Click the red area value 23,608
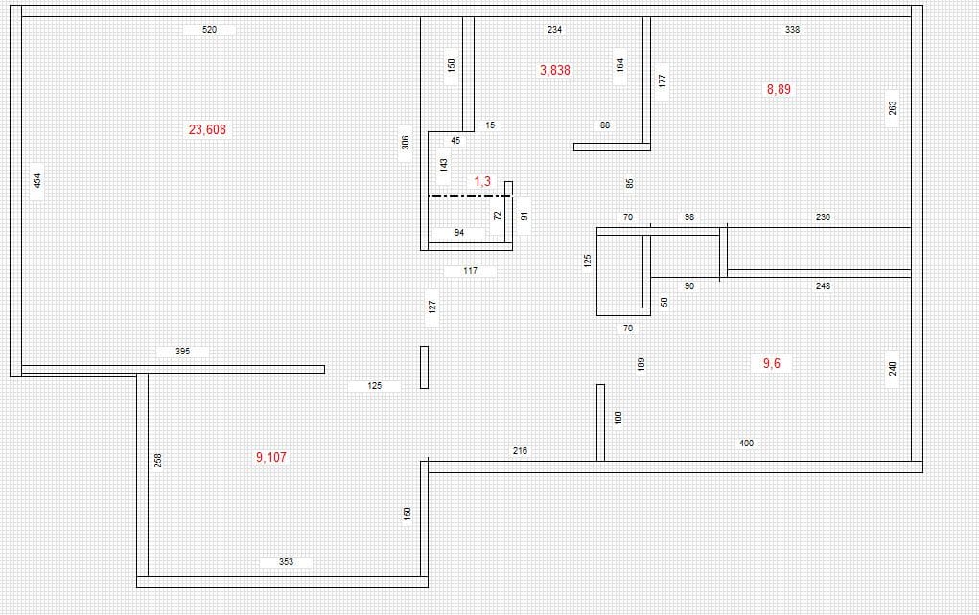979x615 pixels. point(207,129)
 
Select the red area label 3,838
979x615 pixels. point(555,71)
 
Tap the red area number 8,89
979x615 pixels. point(779,89)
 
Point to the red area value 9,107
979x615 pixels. point(271,457)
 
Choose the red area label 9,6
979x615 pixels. point(772,364)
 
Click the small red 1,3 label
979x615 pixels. point(482,181)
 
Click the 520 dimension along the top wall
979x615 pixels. point(210,30)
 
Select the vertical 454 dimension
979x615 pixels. point(37,180)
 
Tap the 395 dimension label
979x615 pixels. point(182,352)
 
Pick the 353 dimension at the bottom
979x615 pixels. point(286,562)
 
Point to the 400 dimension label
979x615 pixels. point(746,444)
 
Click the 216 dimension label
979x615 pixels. point(520,450)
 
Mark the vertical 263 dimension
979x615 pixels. point(893,108)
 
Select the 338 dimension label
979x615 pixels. point(792,30)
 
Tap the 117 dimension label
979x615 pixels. point(470,271)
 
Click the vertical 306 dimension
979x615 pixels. point(406,142)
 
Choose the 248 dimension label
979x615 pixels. point(823,286)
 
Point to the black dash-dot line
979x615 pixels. point(470,196)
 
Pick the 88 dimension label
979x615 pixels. point(605,125)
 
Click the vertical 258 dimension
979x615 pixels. point(158,461)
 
